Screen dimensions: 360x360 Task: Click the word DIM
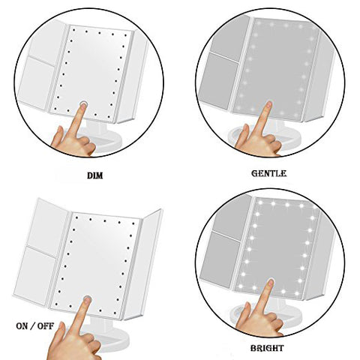click(95, 175)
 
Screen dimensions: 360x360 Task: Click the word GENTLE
click(268, 173)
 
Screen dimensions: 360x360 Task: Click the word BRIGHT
click(267, 348)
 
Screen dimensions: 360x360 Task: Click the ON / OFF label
click(35, 326)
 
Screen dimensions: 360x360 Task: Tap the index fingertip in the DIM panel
click(83, 106)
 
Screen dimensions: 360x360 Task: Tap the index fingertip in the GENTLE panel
click(268, 105)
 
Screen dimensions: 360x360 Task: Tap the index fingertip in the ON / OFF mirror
click(87, 300)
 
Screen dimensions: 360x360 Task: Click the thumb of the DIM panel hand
click(58, 135)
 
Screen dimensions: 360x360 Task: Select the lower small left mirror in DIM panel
click(37, 83)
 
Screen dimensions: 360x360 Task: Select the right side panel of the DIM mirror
click(132, 75)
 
